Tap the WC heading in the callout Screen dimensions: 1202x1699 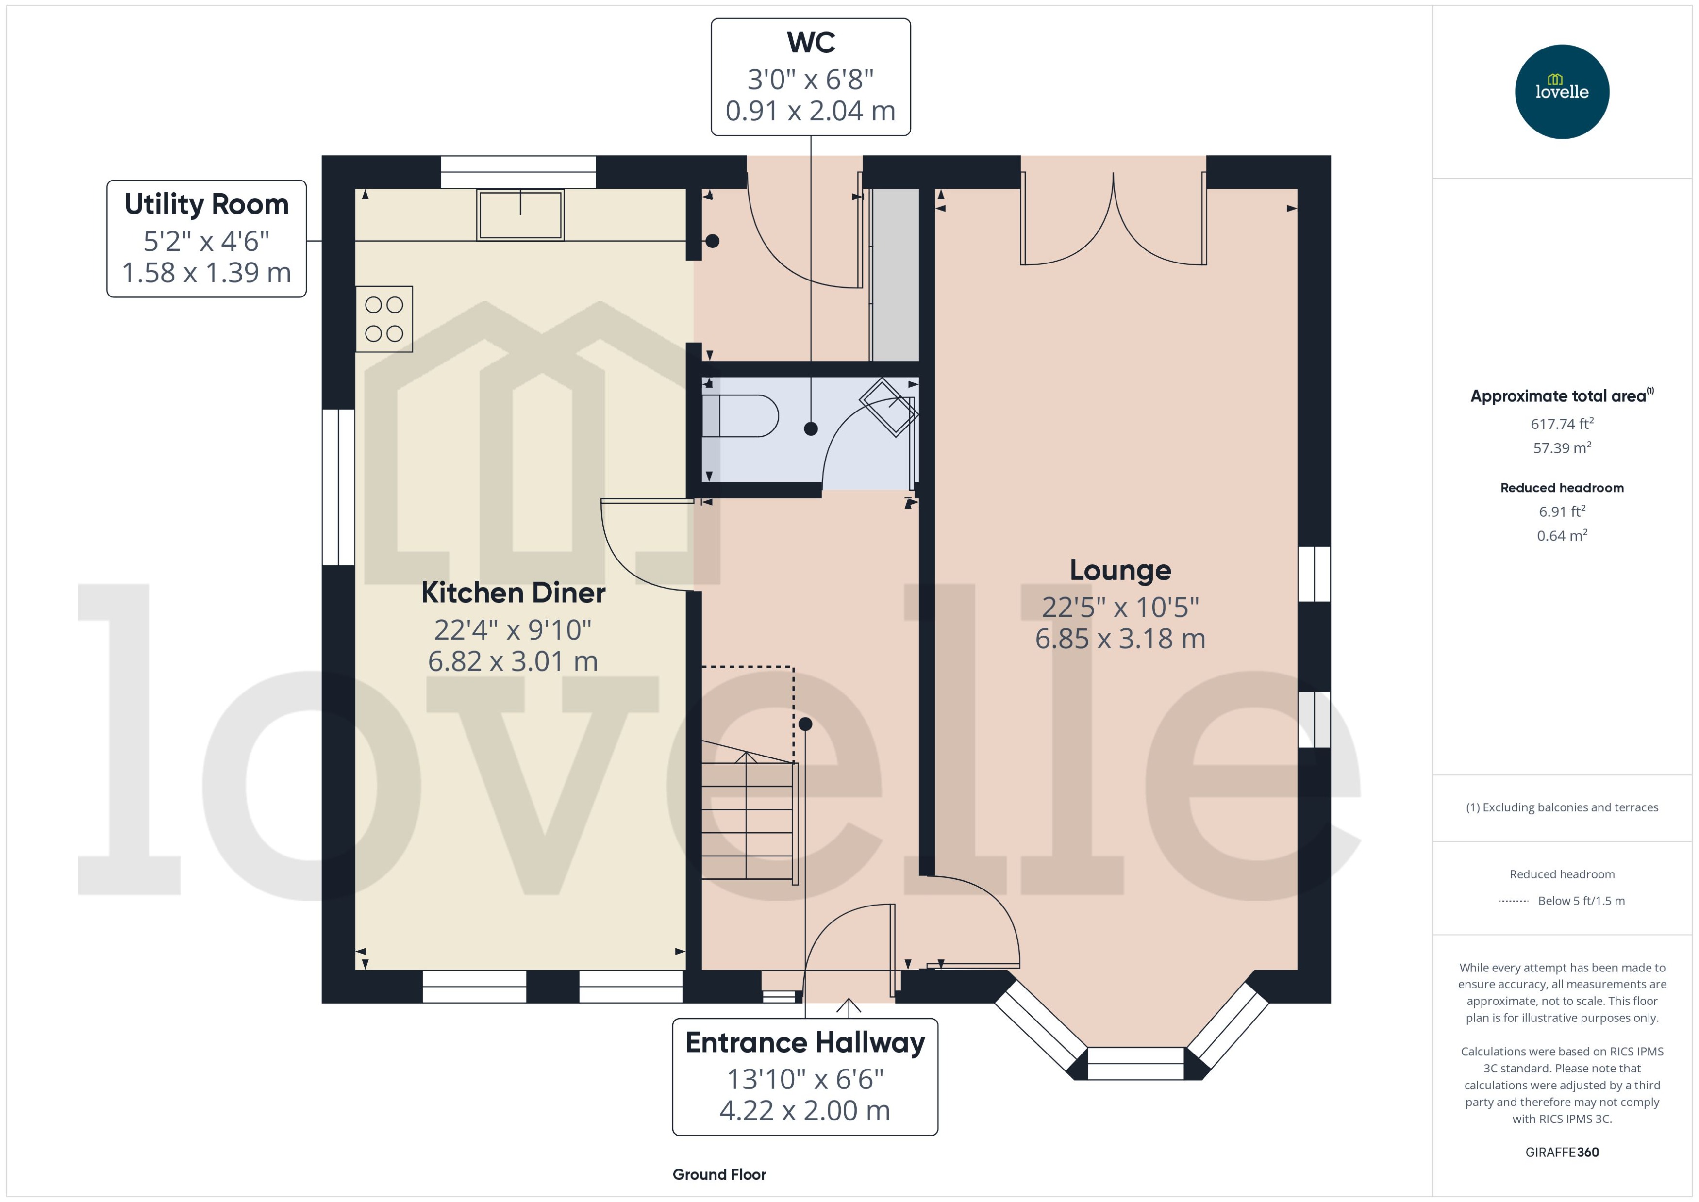(x=811, y=42)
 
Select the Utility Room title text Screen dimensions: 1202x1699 (x=206, y=204)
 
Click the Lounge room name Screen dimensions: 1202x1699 (x=1120, y=570)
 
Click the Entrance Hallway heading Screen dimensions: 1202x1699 (x=805, y=1042)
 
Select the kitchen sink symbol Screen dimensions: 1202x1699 (x=520, y=214)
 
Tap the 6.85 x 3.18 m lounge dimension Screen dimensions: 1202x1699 (x=1120, y=639)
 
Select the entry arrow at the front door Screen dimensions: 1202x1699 (x=849, y=1006)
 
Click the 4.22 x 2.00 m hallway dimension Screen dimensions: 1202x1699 (x=805, y=1110)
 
